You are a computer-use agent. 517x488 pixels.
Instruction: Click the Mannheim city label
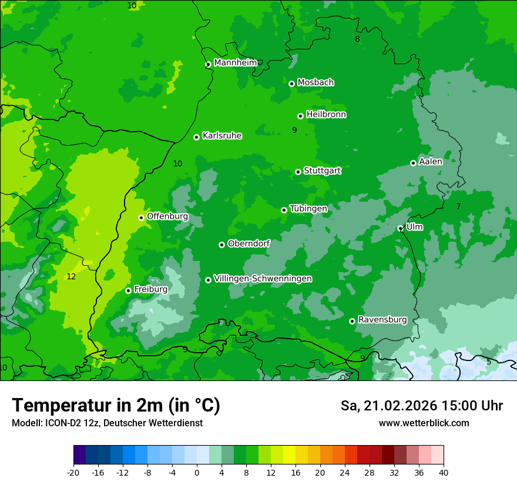click(235, 62)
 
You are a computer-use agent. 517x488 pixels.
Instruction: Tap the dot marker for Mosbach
click(291, 83)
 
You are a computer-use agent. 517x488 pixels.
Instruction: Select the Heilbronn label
click(326, 115)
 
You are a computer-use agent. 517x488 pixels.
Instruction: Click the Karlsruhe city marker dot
click(196, 137)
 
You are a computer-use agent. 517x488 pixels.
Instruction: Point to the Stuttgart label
click(322, 171)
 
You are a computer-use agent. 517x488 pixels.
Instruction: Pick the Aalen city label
click(431, 162)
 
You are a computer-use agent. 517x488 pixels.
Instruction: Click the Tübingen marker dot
click(284, 210)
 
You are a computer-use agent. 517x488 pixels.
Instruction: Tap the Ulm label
click(414, 227)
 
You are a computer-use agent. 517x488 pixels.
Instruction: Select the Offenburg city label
click(167, 216)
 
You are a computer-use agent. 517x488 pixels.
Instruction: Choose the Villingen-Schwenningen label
click(263, 279)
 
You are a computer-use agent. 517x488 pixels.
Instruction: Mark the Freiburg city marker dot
click(128, 290)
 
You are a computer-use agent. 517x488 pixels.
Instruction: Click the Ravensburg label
click(382, 320)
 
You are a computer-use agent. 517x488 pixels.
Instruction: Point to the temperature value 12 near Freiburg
click(71, 276)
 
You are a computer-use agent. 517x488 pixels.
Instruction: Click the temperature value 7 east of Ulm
click(458, 206)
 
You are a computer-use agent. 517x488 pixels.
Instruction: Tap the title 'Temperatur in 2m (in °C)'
click(116, 406)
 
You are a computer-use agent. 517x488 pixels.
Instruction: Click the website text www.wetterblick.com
click(424, 423)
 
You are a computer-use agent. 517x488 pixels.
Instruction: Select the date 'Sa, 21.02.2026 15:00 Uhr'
click(421, 406)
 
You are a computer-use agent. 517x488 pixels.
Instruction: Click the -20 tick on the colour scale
click(73, 473)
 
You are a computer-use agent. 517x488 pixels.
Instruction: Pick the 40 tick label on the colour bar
click(444, 473)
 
